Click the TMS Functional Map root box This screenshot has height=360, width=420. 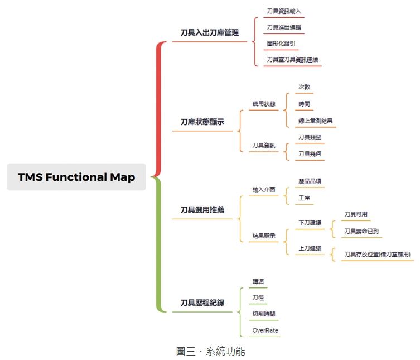click(x=76, y=177)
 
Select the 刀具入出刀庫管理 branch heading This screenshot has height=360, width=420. click(x=210, y=33)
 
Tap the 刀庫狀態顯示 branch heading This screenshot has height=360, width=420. click(x=202, y=122)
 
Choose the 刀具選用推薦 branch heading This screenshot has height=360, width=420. click(x=202, y=210)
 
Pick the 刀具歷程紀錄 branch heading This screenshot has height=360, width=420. click(x=202, y=303)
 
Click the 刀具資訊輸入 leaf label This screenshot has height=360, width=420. click(x=284, y=11)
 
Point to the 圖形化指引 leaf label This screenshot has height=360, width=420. click(x=281, y=43)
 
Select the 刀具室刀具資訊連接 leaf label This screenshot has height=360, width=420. click(x=292, y=59)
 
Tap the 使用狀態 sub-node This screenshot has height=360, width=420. click(x=264, y=104)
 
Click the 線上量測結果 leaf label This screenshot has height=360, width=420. click(x=316, y=120)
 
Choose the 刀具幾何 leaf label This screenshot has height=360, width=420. click(x=310, y=153)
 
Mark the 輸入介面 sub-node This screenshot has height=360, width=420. click(x=264, y=189)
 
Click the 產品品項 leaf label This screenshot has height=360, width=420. click(x=310, y=181)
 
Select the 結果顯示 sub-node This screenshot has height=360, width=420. click(x=264, y=236)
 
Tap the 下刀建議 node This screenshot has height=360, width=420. click(x=310, y=223)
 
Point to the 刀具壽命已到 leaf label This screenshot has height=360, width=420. click(x=362, y=231)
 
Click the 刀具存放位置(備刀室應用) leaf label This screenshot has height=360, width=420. click(x=377, y=254)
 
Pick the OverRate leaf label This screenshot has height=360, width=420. click(x=265, y=330)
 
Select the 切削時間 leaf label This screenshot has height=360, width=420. click(x=264, y=314)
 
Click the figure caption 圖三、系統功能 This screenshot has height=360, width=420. click(x=210, y=351)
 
